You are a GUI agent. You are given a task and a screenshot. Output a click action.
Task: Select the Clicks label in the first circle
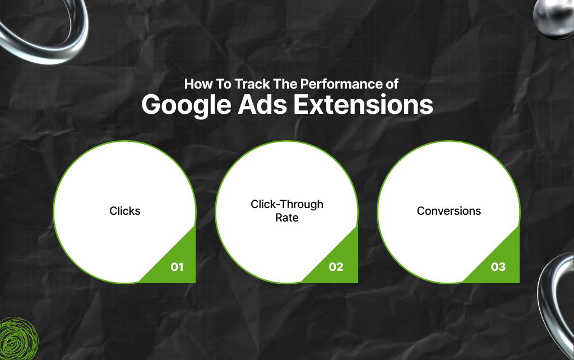[125, 211]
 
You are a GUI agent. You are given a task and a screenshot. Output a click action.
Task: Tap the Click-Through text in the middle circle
[287, 204]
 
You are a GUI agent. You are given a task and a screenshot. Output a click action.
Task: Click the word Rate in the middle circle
[286, 218]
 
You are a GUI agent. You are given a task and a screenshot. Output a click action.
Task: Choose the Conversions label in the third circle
[448, 211]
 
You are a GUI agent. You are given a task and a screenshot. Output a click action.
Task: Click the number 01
[177, 267]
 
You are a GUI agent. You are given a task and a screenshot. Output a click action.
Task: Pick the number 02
[336, 267]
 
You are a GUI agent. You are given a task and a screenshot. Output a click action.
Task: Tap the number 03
[498, 267]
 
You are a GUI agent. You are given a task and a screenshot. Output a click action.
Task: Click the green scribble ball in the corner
[18, 340]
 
